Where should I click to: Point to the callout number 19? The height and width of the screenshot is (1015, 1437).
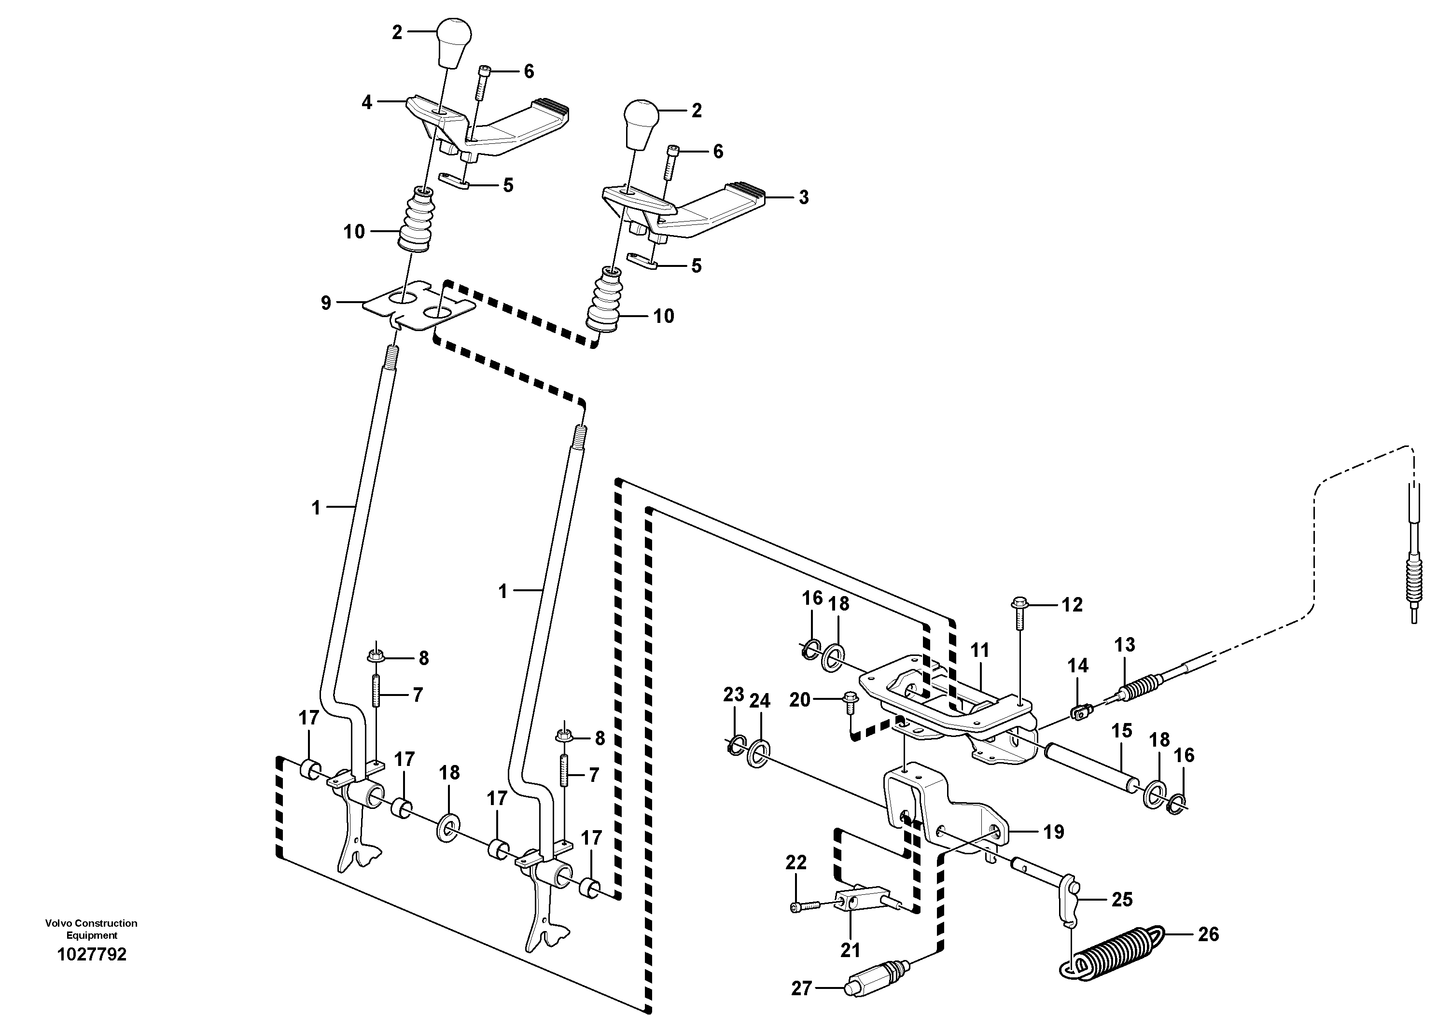click(x=1053, y=832)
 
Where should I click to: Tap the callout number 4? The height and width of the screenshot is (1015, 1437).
click(x=367, y=102)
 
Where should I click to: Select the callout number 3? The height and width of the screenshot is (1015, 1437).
click(x=804, y=197)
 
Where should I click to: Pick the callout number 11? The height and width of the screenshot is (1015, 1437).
click(x=979, y=650)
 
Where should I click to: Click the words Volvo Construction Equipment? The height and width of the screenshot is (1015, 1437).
click(x=91, y=929)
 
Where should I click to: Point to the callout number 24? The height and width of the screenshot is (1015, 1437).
click(x=760, y=701)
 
